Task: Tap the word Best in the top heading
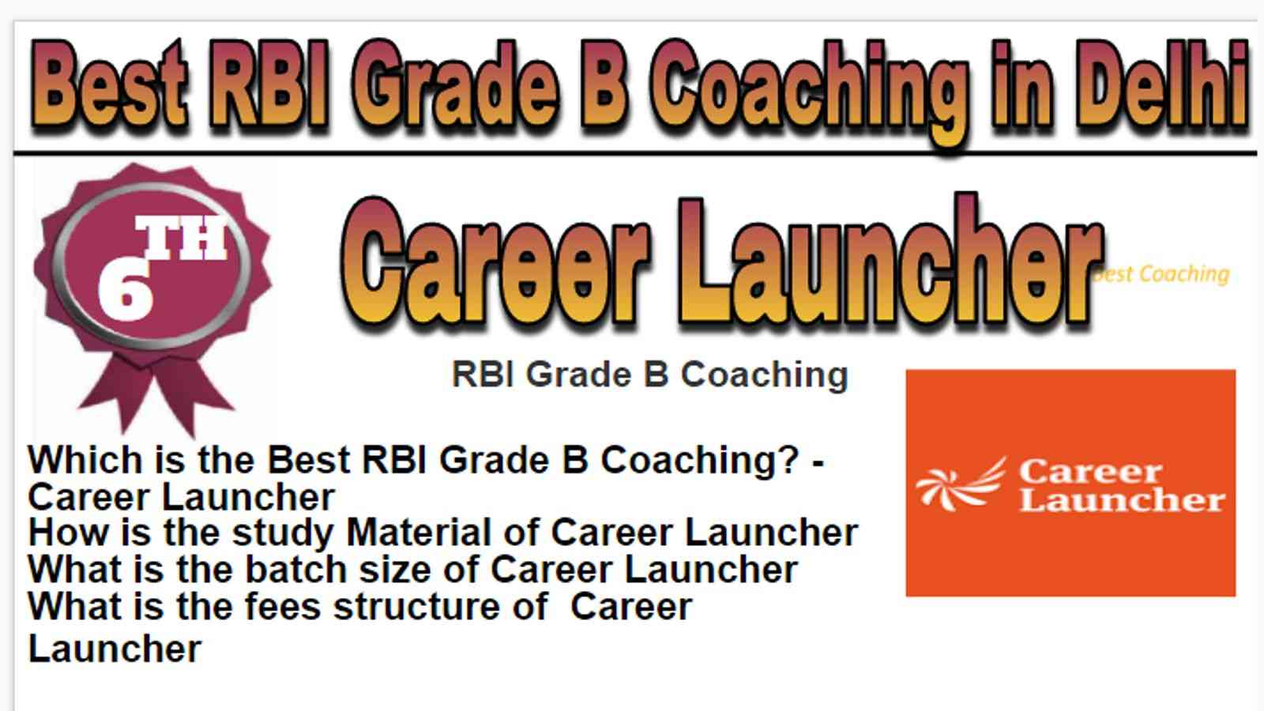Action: tap(110, 84)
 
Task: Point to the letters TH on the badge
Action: tap(181, 237)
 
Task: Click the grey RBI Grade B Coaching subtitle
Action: tap(650, 374)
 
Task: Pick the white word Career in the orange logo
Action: tap(1090, 472)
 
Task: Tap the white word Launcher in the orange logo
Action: tap(1122, 500)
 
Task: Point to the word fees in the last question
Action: tap(283, 607)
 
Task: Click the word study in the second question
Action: tap(283, 533)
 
